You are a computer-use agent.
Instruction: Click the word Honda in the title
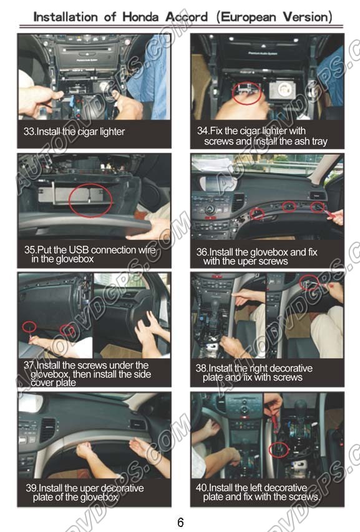pos(140,17)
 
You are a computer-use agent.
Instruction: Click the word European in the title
pos(248,17)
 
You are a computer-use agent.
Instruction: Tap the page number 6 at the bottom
pos(180,521)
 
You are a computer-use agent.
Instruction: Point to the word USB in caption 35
pos(79,250)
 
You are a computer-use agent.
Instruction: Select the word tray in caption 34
pos(319,142)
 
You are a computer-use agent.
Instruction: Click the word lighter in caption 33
pos(112,132)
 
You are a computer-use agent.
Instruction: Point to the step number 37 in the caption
pos(29,365)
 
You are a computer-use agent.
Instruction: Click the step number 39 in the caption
pos(31,488)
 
